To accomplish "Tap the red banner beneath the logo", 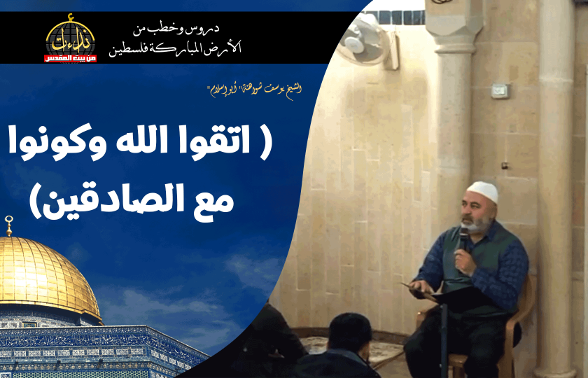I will [x=70, y=57].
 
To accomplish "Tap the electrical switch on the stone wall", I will [x=499, y=90].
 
